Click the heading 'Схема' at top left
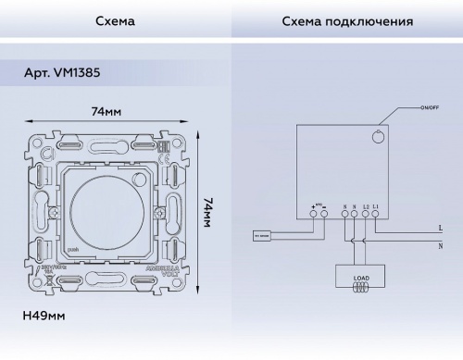pyautogui.click(x=115, y=19)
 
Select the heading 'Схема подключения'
pyautogui.click(x=347, y=19)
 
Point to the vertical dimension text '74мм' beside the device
pyautogui.click(x=208, y=216)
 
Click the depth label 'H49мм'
pyautogui.click(x=43, y=317)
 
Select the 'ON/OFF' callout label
pyautogui.click(x=430, y=110)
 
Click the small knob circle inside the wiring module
pyautogui.click(x=377, y=137)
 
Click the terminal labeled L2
pyautogui.click(x=366, y=215)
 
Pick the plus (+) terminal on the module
pyautogui.click(x=313, y=215)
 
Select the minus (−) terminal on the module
pyautogui.click(x=324, y=215)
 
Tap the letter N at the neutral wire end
pyautogui.click(x=438, y=244)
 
